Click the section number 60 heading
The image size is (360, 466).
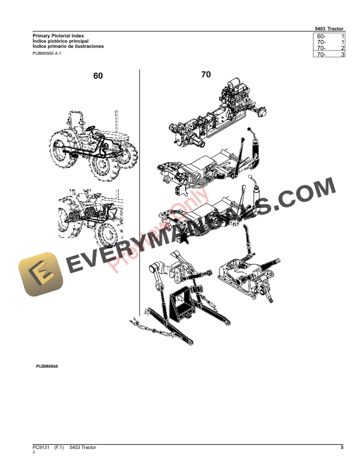98,76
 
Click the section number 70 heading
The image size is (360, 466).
206,75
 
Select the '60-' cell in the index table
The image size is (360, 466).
321,36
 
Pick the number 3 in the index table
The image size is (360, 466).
342,54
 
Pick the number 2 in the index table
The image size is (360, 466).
342,48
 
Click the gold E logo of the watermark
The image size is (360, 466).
38,274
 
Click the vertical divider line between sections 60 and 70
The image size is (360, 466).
140,194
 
